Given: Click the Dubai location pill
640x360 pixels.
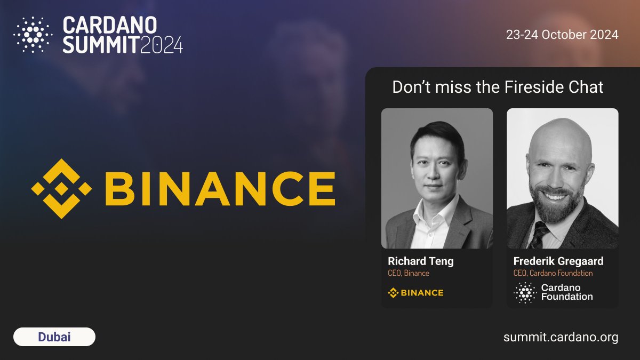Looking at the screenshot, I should (x=54, y=337).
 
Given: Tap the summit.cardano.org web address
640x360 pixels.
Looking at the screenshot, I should (x=561, y=337).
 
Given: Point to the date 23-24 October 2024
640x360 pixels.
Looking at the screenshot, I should (x=562, y=35).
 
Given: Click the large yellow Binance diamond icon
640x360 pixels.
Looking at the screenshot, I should (x=61, y=189).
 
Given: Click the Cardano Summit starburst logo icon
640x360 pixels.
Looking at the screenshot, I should (x=33, y=35).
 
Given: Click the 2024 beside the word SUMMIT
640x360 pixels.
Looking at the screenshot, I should (x=162, y=45).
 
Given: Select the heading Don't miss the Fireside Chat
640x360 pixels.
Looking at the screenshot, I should (x=498, y=87).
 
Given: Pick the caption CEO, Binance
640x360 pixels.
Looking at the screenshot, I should (x=409, y=274).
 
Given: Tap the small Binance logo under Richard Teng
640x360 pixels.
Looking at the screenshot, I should (x=415, y=292).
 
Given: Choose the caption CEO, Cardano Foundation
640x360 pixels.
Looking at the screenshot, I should (x=553, y=274).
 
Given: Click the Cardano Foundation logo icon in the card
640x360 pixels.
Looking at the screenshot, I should (x=525, y=292).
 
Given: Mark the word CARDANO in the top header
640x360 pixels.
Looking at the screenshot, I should (x=110, y=25).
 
